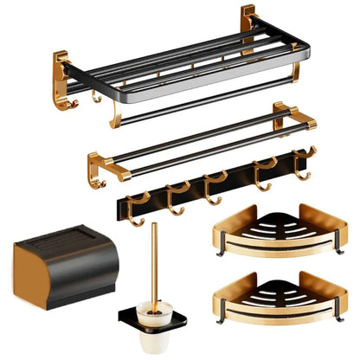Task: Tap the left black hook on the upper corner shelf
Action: click(220, 254)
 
